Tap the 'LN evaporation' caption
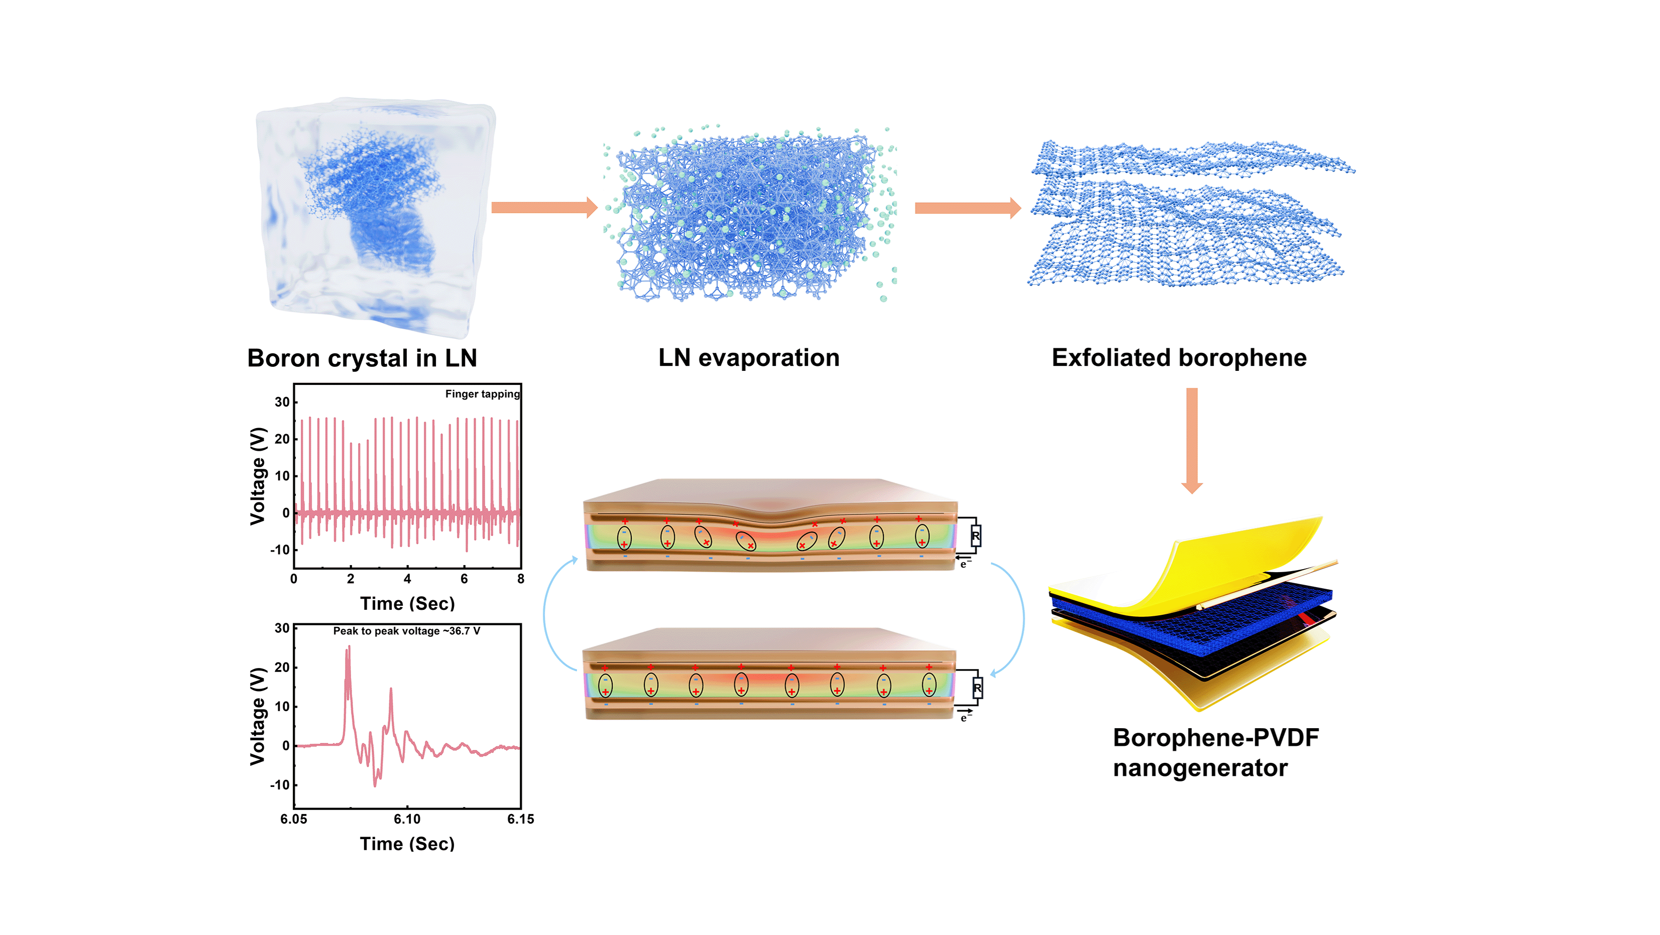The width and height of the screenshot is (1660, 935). point(749,358)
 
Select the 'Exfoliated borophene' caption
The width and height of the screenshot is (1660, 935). point(1179,358)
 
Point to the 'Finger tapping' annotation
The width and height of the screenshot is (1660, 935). point(482,394)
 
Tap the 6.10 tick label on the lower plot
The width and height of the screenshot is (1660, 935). point(407,819)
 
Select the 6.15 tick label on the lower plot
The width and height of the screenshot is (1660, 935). point(520,819)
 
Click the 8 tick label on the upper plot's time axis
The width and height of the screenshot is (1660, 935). point(520,579)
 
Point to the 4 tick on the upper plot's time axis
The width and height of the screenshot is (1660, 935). point(407,579)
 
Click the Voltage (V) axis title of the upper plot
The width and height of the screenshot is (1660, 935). point(258,476)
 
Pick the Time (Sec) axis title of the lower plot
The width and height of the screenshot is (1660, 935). point(407,844)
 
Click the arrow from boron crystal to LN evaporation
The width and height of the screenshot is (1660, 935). point(544,207)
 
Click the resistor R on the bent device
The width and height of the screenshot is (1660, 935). point(975,536)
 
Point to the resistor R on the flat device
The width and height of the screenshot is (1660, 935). point(977,689)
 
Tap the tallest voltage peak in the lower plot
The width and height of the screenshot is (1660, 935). point(349,647)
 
